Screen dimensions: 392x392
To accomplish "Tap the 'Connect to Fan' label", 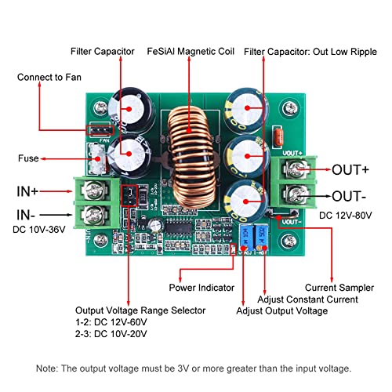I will click(x=49, y=78).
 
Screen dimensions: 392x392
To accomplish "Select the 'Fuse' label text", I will click(x=27, y=158).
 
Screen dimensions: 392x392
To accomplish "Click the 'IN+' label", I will click(x=30, y=190).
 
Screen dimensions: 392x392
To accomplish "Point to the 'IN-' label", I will click(x=29, y=212).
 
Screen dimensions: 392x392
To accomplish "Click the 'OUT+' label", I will click(x=352, y=169).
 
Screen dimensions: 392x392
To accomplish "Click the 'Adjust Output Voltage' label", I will click(x=283, y=310).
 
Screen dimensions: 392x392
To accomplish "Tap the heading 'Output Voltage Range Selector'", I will click(x=140, y=310).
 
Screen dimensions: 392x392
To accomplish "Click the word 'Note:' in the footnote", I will click(x=48, y=368).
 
